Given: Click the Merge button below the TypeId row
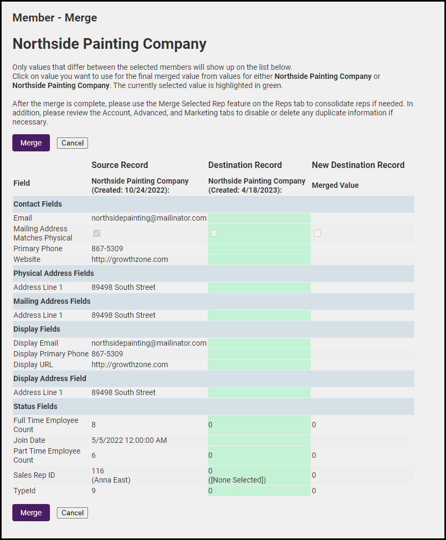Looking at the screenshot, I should [x=31, y=513].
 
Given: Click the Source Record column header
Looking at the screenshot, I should [x=120, y=165].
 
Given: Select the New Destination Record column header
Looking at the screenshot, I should [x=358, y=165].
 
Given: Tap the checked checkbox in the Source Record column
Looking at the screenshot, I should [x=97, y=233].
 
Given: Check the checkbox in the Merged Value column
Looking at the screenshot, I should [x=318, y=233].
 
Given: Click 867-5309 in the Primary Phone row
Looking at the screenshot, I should [x=107, y=249].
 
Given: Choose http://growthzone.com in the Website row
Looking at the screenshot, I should [x=129, y=259].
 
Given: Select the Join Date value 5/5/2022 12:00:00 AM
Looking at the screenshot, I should [x=129, y=440].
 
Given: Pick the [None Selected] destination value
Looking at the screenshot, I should [x=237, y=480].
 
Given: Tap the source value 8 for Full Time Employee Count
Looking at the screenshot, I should [x=94, y=425].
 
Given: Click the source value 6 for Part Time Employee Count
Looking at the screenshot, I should [x=94, y=455].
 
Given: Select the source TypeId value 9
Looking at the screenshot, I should [x=94, y=491].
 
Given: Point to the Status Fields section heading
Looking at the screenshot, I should [x=35, y=406].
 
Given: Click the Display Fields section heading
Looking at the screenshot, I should [x=36, y=329].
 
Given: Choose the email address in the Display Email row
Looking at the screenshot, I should [x=149, y=343].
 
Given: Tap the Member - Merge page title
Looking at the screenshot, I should [x=55, y=18].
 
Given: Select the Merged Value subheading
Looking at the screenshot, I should [x=335, y=185].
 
